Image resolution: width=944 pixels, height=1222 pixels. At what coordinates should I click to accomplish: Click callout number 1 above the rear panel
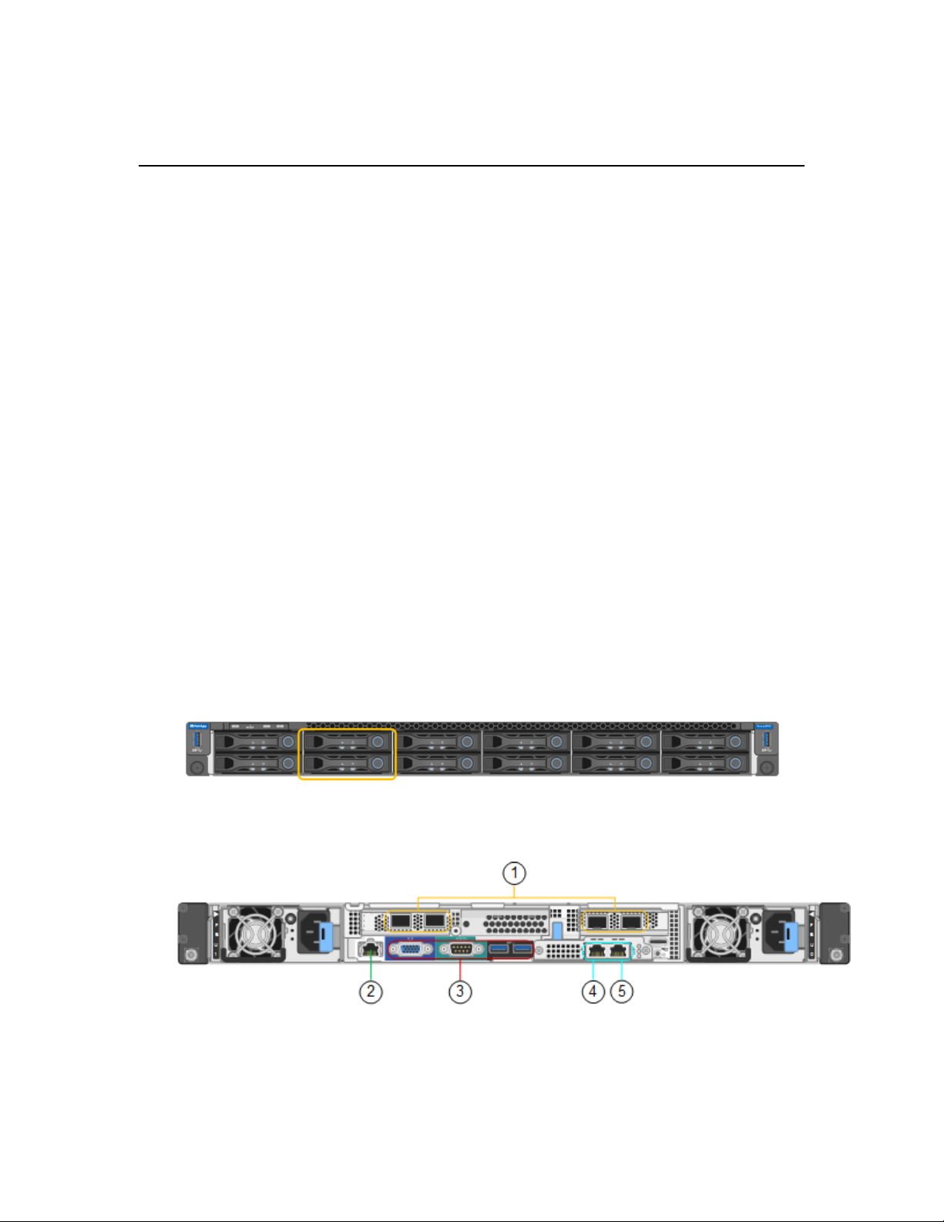tap(514, 874)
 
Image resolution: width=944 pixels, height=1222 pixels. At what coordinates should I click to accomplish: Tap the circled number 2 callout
tap(371, 991)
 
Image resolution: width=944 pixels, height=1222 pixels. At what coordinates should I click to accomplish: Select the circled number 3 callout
tap(460, 991)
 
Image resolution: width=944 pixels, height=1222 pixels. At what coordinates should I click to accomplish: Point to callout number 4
tap(593, 991)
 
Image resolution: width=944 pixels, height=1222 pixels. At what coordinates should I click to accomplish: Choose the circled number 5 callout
tap(622, 991)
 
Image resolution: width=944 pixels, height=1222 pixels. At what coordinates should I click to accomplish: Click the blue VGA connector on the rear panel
tap(411, 950)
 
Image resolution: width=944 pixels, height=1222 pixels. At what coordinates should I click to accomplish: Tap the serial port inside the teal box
tap(461, 950)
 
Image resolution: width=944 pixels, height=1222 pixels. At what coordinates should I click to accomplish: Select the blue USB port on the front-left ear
tap(197, 741)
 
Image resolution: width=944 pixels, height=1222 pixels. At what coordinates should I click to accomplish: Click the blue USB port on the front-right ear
tap(767, 741)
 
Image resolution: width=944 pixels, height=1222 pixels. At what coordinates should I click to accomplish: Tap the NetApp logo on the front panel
tap(198, 726)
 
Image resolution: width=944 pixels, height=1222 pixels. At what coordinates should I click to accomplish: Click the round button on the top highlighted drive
tap(378, 742)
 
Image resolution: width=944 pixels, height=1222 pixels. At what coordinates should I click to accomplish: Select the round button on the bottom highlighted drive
tap(378, 763)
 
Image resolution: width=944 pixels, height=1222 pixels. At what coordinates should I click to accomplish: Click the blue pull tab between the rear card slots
tap(557, 931)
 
